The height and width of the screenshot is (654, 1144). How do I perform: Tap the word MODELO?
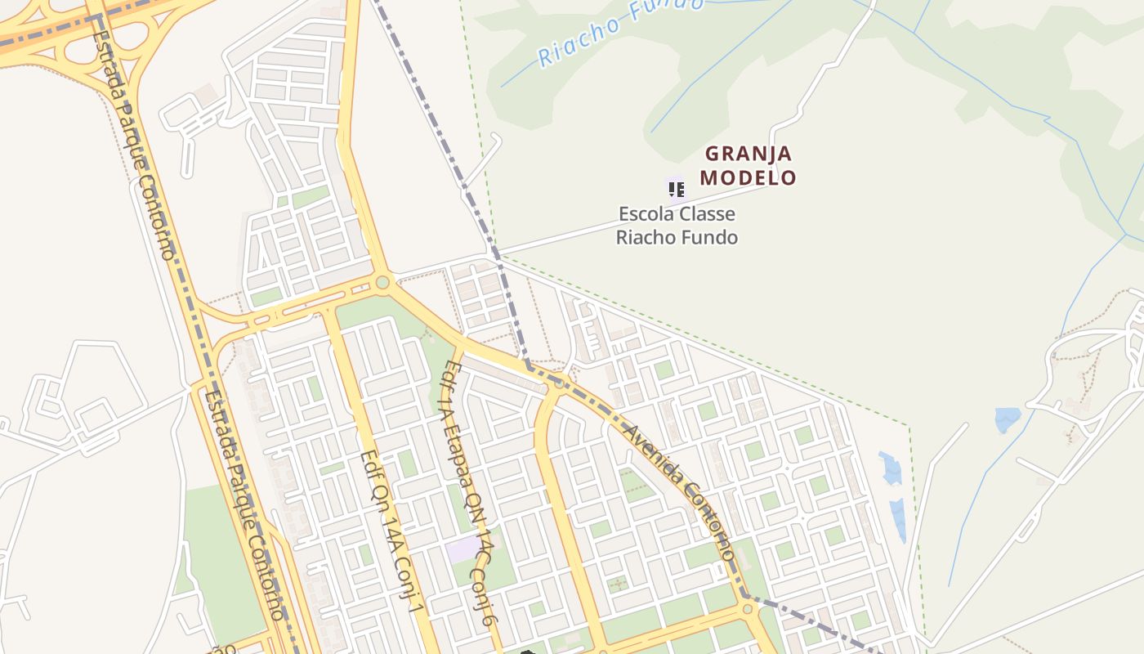click(748, 177)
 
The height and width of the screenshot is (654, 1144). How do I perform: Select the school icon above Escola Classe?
click(675, 190)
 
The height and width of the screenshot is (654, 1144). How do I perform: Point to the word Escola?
click(643, 214)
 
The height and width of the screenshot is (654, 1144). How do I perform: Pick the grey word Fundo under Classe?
click(713, 238)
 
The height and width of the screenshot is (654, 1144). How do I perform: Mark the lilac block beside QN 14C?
click(463, 549)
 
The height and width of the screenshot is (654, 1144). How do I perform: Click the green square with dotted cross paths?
click(618, 583)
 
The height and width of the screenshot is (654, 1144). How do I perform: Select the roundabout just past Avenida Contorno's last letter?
click(746, 608)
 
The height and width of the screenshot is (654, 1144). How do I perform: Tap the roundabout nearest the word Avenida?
click(558, 382)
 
